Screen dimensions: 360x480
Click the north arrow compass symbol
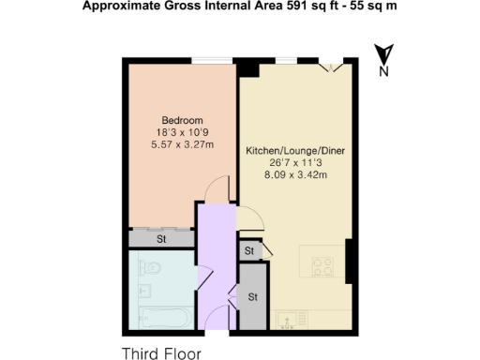coord(382,53)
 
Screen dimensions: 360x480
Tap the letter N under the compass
coord(382,71)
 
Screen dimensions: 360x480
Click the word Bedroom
coord(182,120)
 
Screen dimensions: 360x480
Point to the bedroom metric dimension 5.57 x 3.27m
coord(182,143)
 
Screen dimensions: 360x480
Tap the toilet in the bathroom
coord(155,272)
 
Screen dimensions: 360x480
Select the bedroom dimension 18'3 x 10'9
coord(182,132)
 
